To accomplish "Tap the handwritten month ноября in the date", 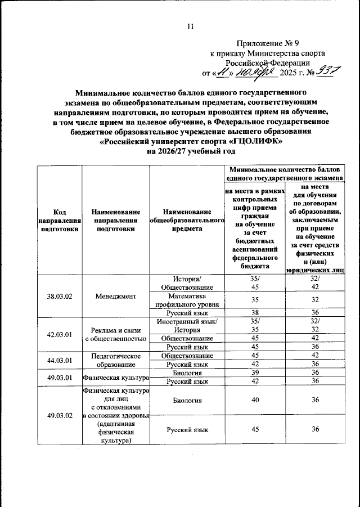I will click(255, 71).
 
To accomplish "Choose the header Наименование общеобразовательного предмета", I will click(187, 220).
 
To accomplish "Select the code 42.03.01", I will click(59, 334).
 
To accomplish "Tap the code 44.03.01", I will click(59, 360).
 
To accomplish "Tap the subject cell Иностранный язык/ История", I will click(187, 325).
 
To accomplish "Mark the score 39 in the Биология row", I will click(254, 373).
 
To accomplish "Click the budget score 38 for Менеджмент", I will click(254, 313).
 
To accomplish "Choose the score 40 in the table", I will click(254, 401).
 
